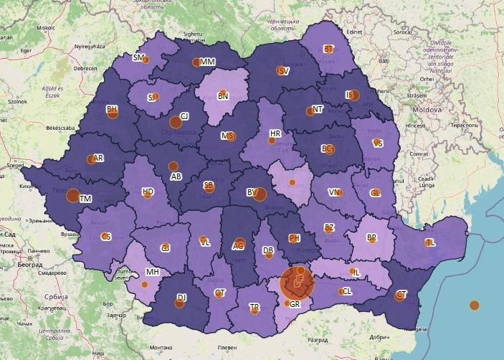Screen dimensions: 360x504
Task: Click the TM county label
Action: tap(85, 199)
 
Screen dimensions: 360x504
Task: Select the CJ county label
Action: tap(184, 116)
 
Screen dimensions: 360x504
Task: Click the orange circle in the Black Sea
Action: tap(474, 305)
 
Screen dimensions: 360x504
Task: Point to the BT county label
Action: tap(329, 49)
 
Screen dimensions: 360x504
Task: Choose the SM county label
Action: tap(138, 57)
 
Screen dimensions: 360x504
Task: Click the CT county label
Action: tap(401, 295)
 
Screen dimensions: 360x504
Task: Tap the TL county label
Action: tap(430, 242)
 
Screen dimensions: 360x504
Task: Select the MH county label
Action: tap(152, 273)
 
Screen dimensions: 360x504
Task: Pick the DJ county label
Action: tap(181, 298)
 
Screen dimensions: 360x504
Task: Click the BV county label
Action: tap(252, 192)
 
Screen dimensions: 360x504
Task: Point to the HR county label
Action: tap(275, 134)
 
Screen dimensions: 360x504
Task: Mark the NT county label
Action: tap(318, 109)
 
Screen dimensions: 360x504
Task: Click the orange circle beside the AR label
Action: tap(90, 159)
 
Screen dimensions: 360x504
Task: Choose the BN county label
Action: tap(223, 95)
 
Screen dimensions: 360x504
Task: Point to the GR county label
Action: tap(295, 304)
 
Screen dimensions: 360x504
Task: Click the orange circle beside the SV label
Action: tap(280, 70)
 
